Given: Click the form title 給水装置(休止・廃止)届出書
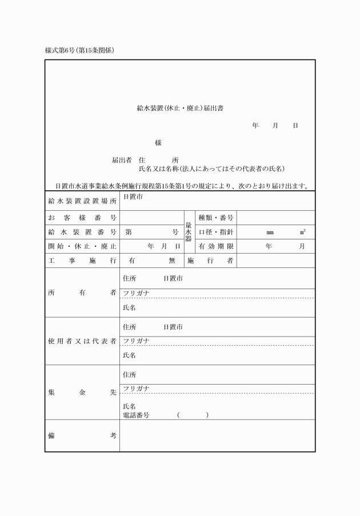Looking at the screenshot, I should pyautogui.click(x=180, y=108).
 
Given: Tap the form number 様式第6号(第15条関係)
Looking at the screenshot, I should pyautogui.click(x=80, y=50).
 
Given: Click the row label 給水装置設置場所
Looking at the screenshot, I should pyautogui.click(x=82, y=201).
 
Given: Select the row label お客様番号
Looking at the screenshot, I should pyautogui.click(x=82, y=218).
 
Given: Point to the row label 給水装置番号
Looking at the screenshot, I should pyautogui.click(x=82, y=232).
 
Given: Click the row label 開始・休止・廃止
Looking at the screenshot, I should pyautogui.click(x=82, y=246).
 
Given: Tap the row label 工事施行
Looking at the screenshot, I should pyautogui.click(x=82, y=261).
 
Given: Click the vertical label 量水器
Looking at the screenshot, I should pyautogui.click(x=189, y=232).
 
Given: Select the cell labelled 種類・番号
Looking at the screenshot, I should pyautogui.click(x=215, y=218).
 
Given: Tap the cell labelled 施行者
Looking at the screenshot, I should pyautogui.click(x=210, y=261).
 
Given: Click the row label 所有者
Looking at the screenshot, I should pyautogui.click(x=82, y=293).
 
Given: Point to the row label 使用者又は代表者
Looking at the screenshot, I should pyautogui.click(x=82, y=341).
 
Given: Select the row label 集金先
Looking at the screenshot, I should pyautogui.click(x=82, y=393).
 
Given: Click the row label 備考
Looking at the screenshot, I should pyautogui.click(x=82, y=435).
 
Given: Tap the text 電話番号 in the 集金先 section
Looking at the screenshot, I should pyautogui.click(x=136, y=415).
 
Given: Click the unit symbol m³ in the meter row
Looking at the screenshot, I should pyautogui.click(x=302, y=232).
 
